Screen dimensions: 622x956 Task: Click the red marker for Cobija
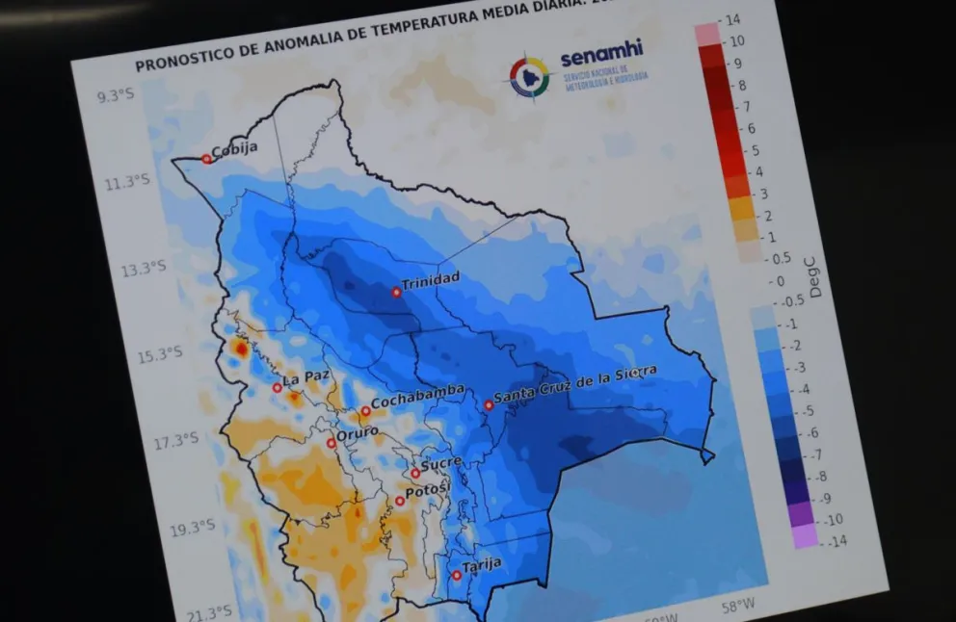[x=206, y=159]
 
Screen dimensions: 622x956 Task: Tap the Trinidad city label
[x=431, y=280]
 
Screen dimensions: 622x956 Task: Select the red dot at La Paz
[x=278, y=387]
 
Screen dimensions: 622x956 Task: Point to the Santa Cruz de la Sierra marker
[x=489, y=405]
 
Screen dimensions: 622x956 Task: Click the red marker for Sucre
[x=415, y=473]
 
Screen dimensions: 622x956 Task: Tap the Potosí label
[x=429, y=492]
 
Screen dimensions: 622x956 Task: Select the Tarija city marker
[x=457, y=575]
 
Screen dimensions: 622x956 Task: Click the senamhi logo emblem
[x=529, y=76]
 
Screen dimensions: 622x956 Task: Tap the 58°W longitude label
[x=738, y=606]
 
